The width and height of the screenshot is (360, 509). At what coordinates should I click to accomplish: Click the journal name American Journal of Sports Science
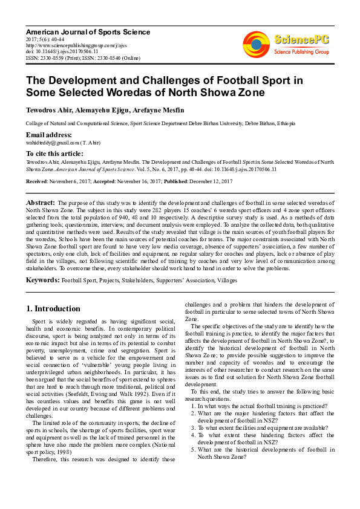88,31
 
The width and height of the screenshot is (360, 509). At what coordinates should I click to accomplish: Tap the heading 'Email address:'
49,134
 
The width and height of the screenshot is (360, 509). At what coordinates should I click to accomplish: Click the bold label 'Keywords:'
42,280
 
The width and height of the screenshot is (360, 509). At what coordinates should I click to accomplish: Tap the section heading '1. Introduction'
53,308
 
